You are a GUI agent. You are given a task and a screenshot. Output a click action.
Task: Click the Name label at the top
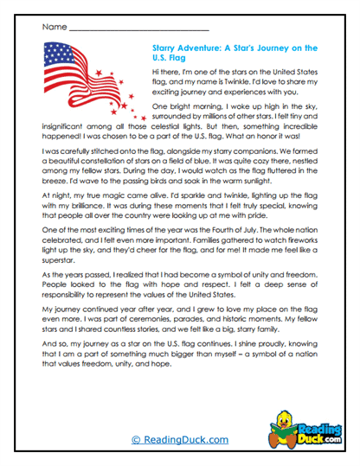tap(52, 28)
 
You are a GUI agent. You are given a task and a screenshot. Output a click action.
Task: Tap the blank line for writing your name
tap(138, 29)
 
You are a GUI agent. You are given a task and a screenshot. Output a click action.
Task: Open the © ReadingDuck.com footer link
tap(180, 440)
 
